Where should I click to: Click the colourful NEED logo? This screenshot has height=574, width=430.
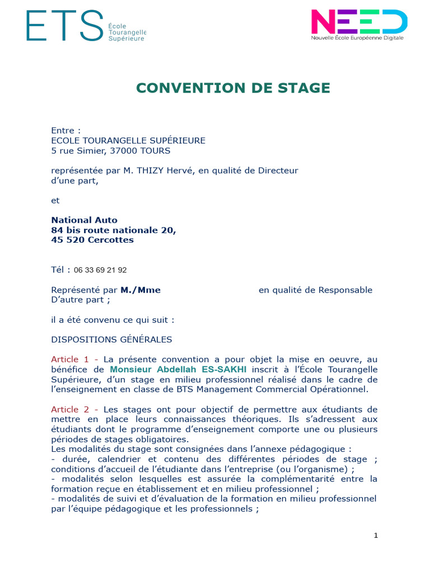[x=359, y=21]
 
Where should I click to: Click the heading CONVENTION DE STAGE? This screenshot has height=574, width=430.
[x=233, y=88]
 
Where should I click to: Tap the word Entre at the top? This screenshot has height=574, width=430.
[x=62, y=131]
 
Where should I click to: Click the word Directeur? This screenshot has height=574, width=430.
[x=278, y=170]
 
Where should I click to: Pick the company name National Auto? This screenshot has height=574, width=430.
[x=84, y=220]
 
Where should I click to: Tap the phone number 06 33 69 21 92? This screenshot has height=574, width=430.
[x=104, y=270]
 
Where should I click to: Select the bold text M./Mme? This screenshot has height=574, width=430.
[x=141, y=290]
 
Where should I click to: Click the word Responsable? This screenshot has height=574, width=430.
[x=345, y=290]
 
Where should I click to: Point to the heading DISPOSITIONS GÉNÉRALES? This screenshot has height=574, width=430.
[x=111, y=339]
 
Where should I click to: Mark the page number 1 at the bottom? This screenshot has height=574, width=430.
[x=376, y=535]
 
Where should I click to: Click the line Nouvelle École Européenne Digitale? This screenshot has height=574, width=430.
[x=357, y=38]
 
